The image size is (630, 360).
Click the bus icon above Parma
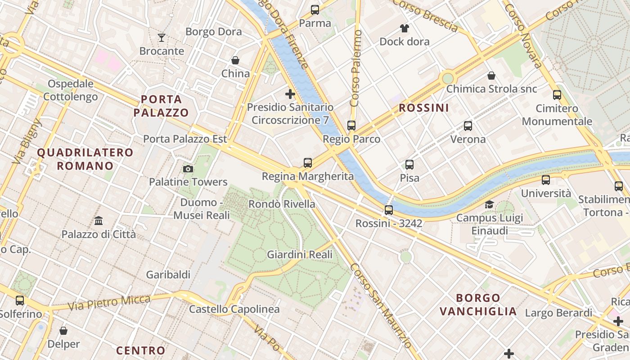[x=315, y=10]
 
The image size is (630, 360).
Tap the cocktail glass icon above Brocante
[x=162, y=37]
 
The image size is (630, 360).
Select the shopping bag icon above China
[x=235, y=60]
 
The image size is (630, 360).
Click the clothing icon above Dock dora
[x=405, y=28]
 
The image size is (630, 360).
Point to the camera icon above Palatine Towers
[x=188, y=169]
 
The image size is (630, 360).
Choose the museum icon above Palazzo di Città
[x=99, y=220]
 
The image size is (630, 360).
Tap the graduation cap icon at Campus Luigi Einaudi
[x=489, y=204]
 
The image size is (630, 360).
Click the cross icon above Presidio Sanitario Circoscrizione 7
[x=290, y=94]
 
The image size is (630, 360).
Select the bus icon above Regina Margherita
[x=308, y=163]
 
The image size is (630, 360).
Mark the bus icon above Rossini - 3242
[x=389, y=210]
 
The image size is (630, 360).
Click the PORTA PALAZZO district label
[x=161, y=106]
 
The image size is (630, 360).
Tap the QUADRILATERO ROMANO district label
[x=85, y=159]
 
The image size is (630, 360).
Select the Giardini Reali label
[x=300, y=255]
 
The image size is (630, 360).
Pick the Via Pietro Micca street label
[x=109, y=303]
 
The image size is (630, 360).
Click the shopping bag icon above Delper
[x=63, y=331]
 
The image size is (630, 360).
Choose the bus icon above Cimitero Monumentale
[x=557, y=95]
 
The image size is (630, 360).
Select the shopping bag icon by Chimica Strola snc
[x=491, y=76]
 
